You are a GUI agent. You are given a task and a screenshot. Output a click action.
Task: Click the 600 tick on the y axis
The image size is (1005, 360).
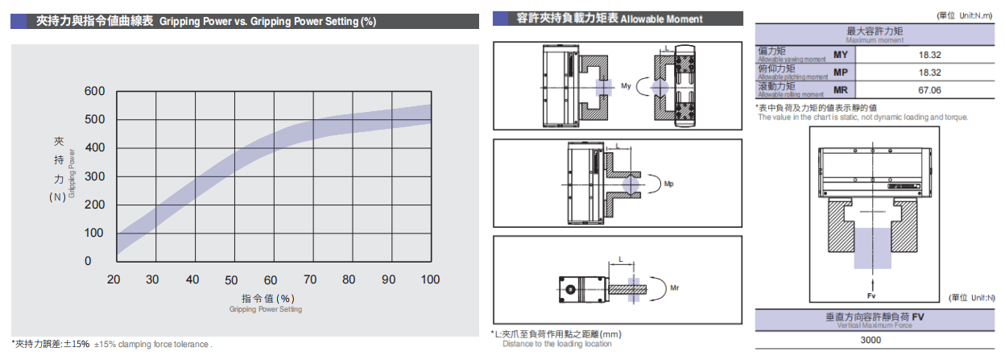(93, 91)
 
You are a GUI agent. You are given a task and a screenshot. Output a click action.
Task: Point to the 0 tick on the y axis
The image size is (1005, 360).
(99, 261)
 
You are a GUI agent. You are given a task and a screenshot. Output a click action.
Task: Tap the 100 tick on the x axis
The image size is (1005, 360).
(430, 279)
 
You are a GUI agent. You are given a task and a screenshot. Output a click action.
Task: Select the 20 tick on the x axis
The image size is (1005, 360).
(114, 279)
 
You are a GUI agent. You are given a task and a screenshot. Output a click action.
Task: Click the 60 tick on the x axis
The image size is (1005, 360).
(271, 279)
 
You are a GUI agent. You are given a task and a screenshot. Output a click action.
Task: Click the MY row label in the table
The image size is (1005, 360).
(841, 55)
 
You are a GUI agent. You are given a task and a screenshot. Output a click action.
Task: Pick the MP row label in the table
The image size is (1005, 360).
(841, 72)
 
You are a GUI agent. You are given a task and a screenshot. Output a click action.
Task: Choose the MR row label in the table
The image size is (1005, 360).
(841, 89)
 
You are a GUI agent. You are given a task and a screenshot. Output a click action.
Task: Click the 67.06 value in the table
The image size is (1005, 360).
(929, 90)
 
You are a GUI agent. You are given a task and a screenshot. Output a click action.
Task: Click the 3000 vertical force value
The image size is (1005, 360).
(879, 340)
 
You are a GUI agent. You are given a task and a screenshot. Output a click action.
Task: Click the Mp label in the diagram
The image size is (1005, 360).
(669, 184)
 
